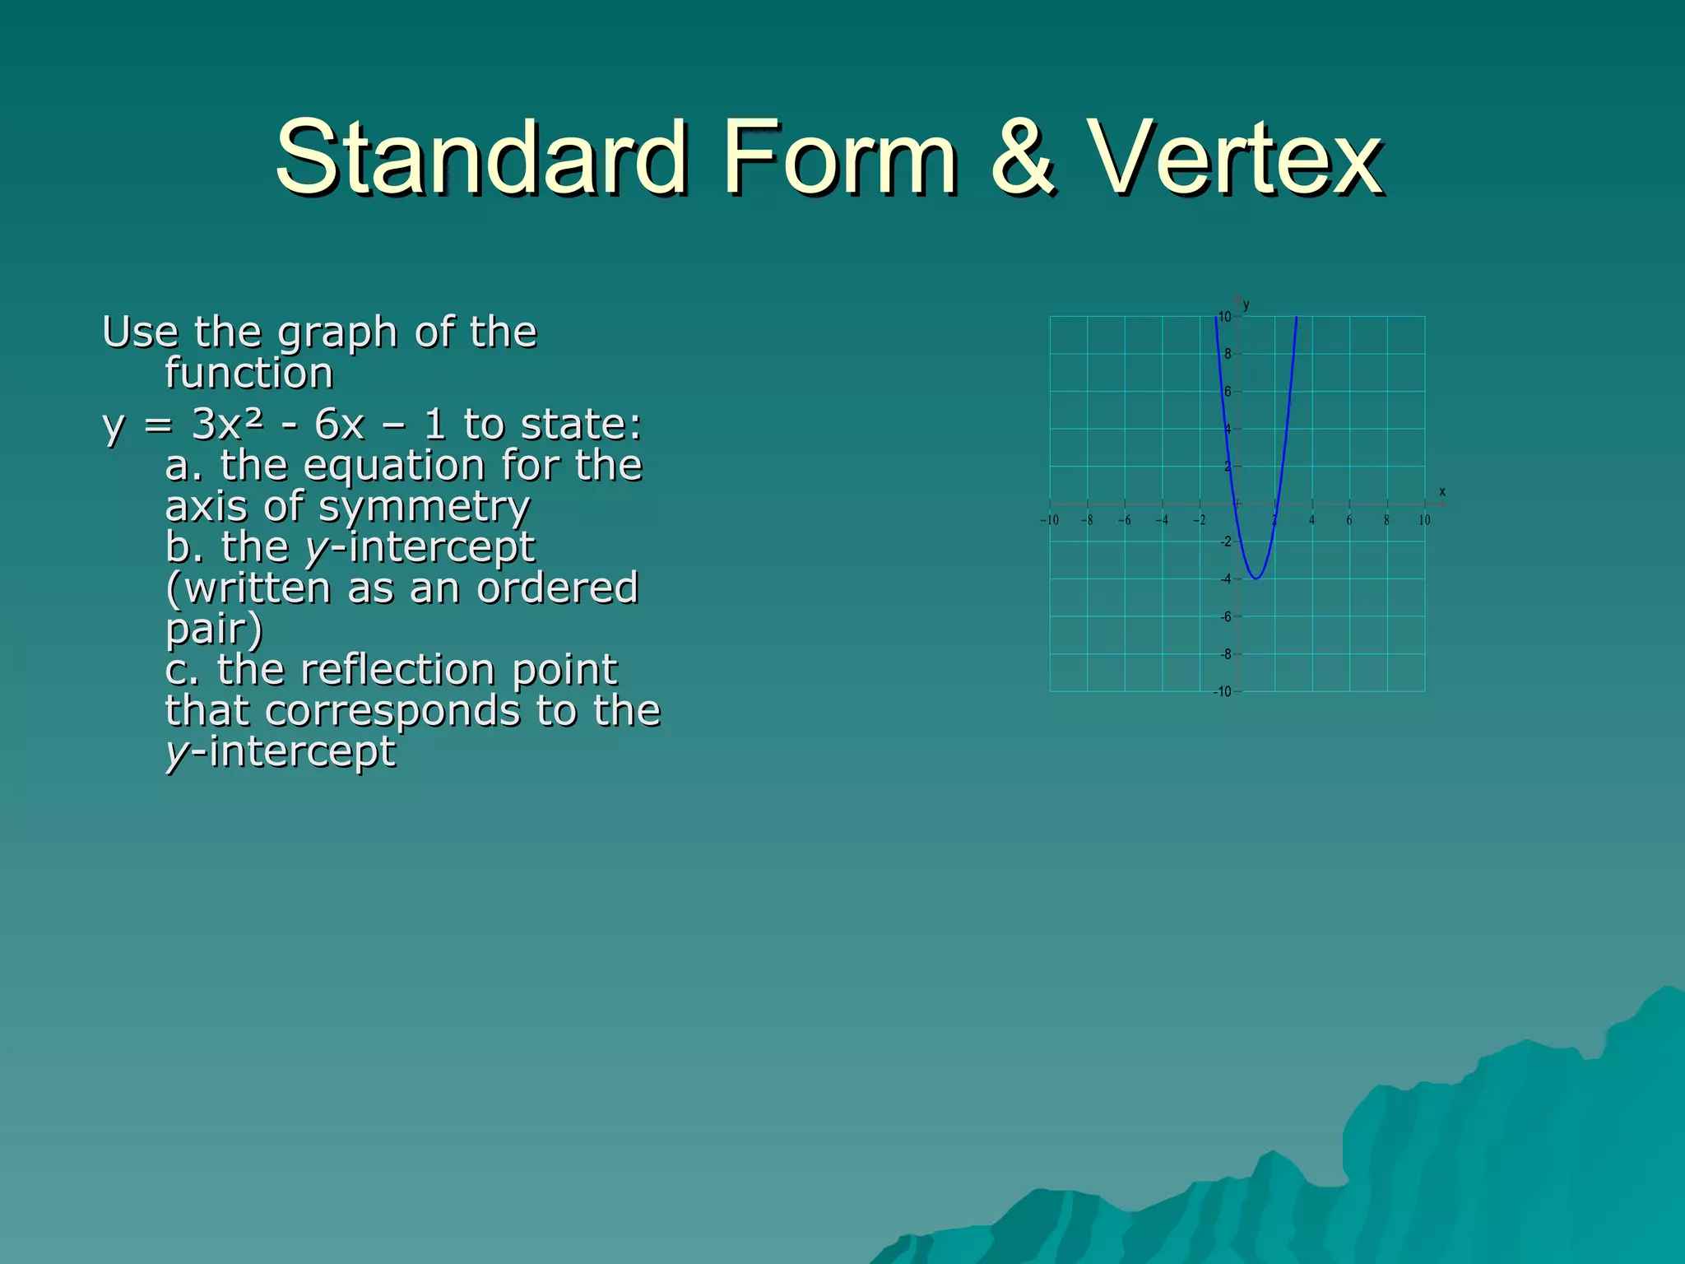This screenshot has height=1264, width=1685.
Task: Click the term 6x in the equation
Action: (x=339, y=425)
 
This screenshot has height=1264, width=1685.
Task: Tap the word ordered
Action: (x=557, y=588)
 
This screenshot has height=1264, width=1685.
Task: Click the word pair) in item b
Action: (x=214, y=629)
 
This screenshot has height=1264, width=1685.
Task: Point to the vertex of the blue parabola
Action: (x=1256, y=579)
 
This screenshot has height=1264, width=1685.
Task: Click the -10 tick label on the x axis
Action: (x=1049, y=520)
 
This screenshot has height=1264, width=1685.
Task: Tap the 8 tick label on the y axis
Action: (x=1228, y=354)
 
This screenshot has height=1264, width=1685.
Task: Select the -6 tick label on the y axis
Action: (x=1226, y=616)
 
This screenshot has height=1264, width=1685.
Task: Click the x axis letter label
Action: (x=1441, y=492)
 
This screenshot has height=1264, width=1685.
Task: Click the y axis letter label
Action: (x=1246, y=305)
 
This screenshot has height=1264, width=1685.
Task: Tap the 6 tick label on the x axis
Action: (x=1349, y=520)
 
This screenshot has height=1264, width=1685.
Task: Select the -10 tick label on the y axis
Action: (x=1223, y=692)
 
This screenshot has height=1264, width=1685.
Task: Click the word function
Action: (x=248, y=373)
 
